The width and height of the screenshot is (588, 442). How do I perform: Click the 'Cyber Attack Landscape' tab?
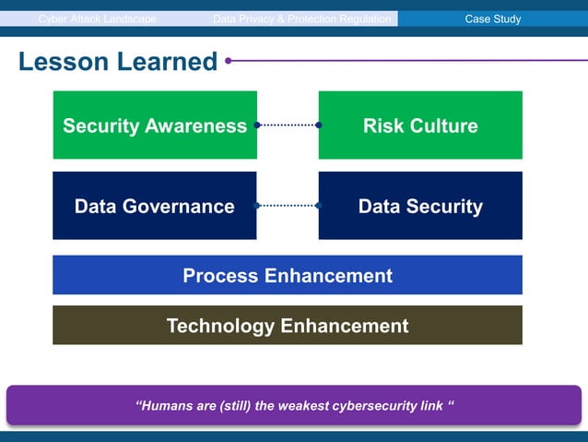[x=98, y=18]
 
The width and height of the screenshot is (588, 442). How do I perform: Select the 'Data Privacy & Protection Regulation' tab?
[x=302, y=18]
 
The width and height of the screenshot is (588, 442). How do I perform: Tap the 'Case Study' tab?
[x=493, y=18]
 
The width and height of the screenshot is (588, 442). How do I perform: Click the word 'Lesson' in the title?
[x=62, y=63]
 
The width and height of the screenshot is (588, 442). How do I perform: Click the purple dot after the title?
[x=228, y=62]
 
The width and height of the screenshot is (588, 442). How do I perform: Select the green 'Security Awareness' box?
[x=155, y=125]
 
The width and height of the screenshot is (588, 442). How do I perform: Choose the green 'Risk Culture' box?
[x=420, y=125]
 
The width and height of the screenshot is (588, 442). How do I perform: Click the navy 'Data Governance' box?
[x=155, y=206]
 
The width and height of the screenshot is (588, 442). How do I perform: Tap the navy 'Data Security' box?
[x=420, y=206]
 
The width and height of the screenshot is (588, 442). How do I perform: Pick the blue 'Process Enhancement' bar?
[x=288, y=275]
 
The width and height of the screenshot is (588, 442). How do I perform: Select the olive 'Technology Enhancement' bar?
[x=288, y=325]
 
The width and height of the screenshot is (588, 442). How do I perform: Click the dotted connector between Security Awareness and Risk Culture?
[x=288, y=125]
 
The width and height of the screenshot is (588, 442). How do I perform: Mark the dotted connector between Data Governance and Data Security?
[x=288, y=206]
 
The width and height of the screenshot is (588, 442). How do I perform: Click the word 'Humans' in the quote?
[x=167, y=406]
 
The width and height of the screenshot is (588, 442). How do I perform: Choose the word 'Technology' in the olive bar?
[x=220, y=325]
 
